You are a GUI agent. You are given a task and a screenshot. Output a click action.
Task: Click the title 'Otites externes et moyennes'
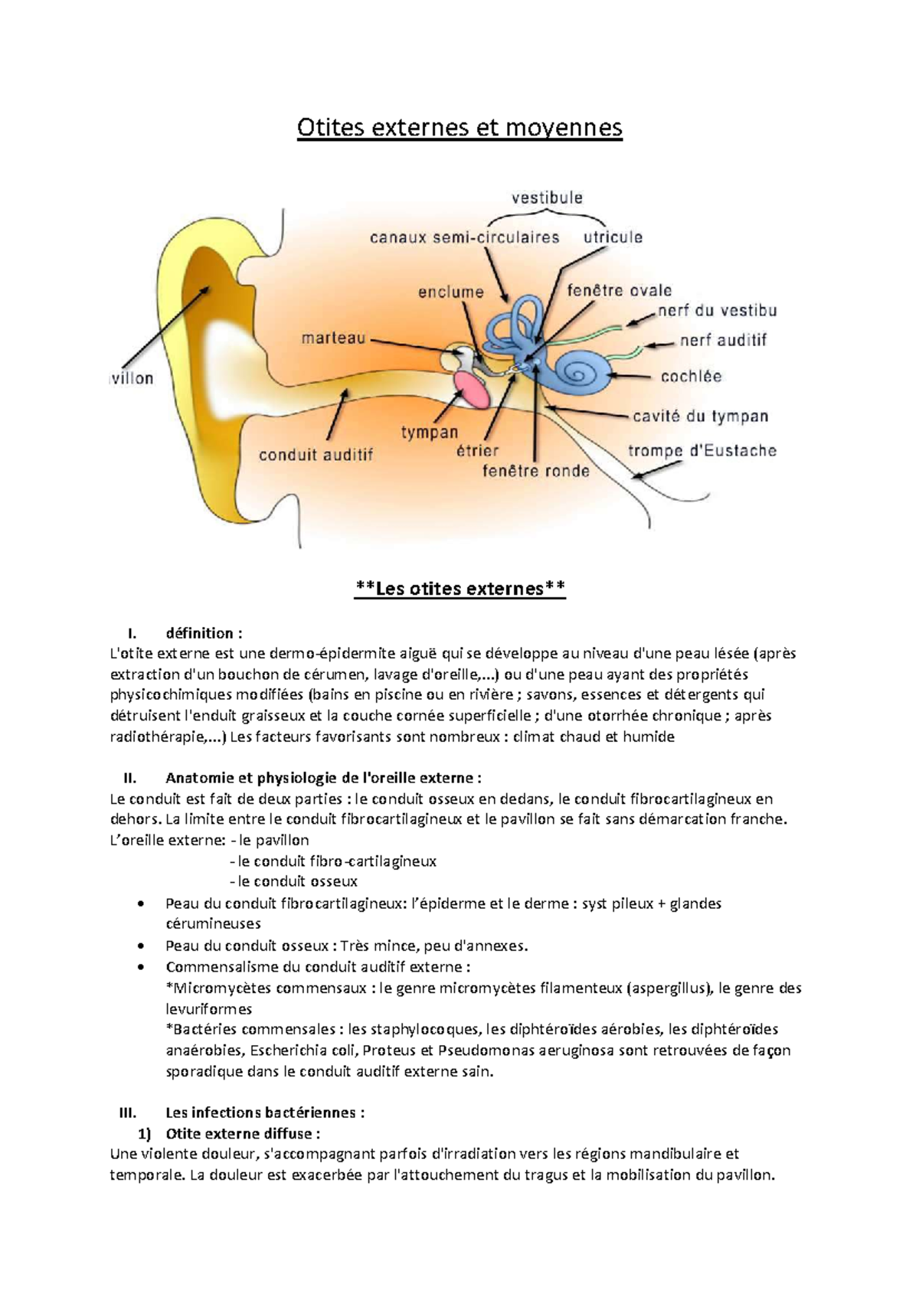(x=459, y=127)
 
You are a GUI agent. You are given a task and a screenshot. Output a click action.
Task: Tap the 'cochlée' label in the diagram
(x=691, y=377)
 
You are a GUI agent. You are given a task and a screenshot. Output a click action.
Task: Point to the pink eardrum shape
(x=470, y=388)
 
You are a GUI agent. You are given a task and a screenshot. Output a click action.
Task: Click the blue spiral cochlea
(x=584, y=371)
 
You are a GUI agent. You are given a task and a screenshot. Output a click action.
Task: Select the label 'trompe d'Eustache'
(x=702, y=451)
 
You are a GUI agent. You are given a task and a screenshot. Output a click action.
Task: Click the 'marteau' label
(x=333, y=338)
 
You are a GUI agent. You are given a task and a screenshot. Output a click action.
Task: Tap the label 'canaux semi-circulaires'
(x=464, y=237)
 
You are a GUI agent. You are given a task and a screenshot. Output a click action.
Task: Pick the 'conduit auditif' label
(x=316, y=455)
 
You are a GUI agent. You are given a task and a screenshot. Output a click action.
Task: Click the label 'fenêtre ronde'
(x=535, y=472)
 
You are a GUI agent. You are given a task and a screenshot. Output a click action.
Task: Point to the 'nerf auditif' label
(x=723, y=340)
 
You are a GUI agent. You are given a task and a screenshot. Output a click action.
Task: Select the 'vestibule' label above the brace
(x=547, y=198)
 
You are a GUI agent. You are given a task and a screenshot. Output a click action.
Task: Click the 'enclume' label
(x=451, y=292)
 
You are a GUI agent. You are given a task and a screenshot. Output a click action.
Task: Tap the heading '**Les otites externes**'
(x=460, y=588)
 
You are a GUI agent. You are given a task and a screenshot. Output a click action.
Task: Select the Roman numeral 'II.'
(x=129, y=778)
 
